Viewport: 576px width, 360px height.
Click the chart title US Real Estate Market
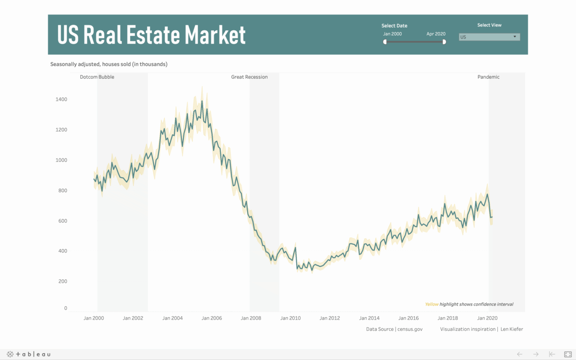point(151,35)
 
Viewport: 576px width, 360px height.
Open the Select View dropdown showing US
point(489,37)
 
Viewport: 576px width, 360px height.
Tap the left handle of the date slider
point(385,42)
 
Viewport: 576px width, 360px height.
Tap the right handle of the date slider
point(444,42)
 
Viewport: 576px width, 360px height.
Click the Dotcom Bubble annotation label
point(97,77)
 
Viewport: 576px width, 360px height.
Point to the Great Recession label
point(249,77)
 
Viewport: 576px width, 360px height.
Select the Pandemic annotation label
point(488,77)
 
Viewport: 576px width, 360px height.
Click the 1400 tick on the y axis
point(61,99)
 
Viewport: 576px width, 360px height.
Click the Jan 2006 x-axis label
point(212,318)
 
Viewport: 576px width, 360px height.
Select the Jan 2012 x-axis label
point(330,318)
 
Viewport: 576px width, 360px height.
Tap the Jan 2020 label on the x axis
point(487,318)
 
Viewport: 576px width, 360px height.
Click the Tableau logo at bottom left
point(29,354)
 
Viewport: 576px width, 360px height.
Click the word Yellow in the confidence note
point(432,304)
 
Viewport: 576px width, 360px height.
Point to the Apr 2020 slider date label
point(436,34)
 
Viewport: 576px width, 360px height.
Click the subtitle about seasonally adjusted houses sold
point(109,64)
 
